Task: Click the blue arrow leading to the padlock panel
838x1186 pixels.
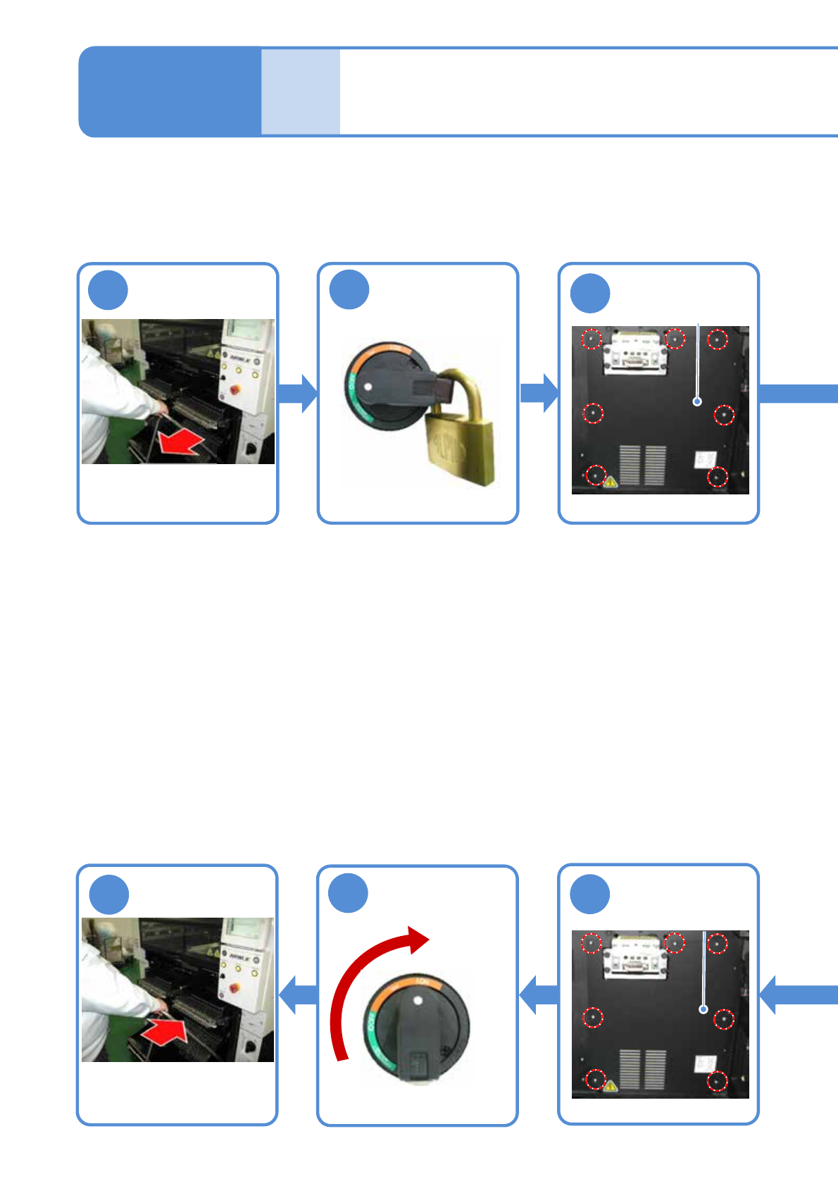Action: (298, 393)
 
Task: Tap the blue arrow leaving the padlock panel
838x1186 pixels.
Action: (539, 393)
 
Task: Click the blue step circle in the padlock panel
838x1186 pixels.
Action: (349, 289)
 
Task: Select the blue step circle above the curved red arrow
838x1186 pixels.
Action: (349, 893)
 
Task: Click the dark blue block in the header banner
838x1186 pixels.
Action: (170, 92)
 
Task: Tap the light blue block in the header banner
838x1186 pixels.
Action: (301, 92)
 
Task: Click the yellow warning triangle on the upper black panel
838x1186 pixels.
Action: (611, 482)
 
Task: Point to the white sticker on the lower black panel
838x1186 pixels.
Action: (705, 1063)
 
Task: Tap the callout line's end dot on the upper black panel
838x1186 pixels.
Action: (697, 401)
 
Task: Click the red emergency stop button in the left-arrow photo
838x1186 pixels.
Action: (235, 388)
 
